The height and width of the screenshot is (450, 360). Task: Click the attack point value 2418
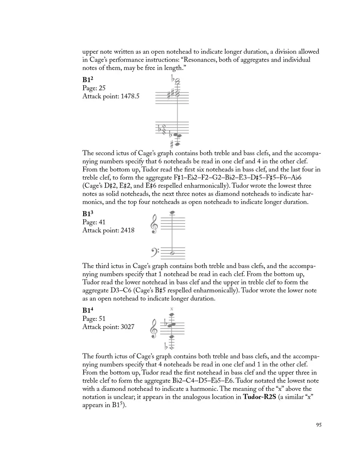click(127, 230)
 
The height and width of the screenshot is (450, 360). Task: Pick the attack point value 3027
click(127, 327)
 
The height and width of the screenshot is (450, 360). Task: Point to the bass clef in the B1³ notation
click(154, 252)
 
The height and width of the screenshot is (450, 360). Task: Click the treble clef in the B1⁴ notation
click(154, 328)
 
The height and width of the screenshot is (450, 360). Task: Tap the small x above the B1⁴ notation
click(172, 308)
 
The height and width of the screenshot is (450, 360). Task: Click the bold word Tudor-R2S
click(263, 397)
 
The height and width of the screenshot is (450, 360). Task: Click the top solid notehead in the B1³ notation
click(172, 213)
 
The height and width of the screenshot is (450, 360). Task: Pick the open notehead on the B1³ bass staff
click(172, 253)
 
